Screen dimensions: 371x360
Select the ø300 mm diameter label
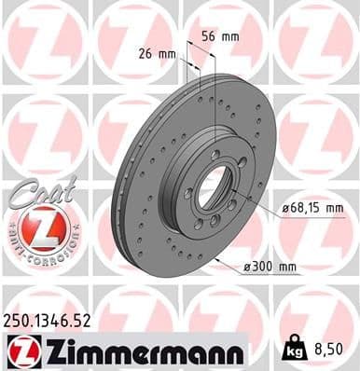click(270, 268)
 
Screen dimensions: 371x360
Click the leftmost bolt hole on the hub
click(189, 194)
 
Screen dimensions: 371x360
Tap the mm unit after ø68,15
click(333, 208)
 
